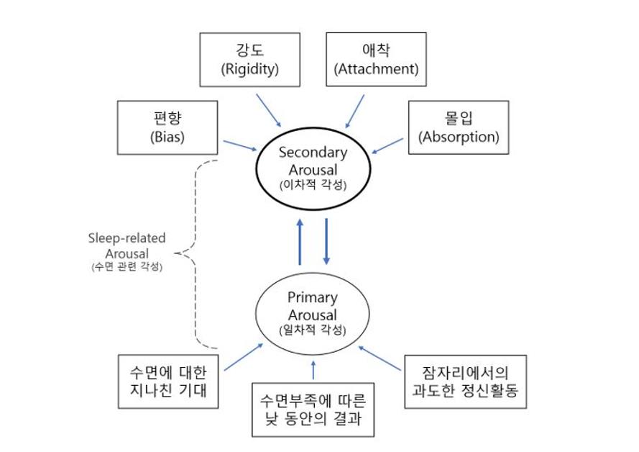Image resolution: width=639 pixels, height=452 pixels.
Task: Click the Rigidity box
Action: (250, 60)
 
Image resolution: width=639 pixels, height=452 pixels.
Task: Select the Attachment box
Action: (376, 60)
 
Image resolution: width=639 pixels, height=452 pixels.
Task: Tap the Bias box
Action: (167, 127)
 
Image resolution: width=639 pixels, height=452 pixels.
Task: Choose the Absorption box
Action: (459, 127)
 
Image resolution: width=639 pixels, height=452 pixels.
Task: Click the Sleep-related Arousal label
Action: (127, 251)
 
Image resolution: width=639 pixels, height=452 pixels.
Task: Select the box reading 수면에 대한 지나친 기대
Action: (168, 381)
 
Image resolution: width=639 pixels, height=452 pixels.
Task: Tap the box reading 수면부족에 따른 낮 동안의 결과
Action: (313, 410)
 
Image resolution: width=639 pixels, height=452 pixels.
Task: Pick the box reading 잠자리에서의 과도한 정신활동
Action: (465, 381)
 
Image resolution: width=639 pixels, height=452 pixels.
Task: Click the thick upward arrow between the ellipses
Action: (300, 242)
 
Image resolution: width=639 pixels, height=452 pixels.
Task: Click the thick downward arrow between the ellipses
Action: (326, 242)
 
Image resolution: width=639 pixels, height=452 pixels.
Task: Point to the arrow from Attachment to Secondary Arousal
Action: (354, 112)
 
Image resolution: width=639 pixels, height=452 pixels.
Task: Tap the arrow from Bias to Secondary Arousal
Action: (241, 145)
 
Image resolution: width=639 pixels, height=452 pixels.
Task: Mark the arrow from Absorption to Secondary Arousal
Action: (387, 146)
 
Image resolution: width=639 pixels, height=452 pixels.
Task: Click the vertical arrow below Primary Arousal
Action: (313, 369)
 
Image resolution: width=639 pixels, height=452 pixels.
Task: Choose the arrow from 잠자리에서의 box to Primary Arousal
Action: (380, 358)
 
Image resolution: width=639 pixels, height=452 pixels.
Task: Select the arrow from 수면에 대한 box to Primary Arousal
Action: (244, 357)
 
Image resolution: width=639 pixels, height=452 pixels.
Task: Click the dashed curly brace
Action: (195, 253)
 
